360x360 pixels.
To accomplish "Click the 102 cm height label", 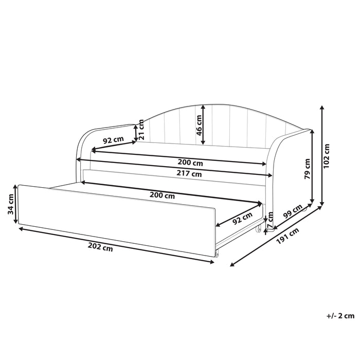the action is (x=327, y=156).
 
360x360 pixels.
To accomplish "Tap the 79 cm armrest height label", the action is (x=308, y=169).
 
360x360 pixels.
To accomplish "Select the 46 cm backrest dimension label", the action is (x=199, y=125).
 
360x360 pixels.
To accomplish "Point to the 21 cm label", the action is (x=141, y=130).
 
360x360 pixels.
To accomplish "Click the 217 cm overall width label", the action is (x=189, y=174).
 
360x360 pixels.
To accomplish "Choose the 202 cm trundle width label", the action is (x=100, y=247).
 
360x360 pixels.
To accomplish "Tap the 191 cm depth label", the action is (x=287, y=236).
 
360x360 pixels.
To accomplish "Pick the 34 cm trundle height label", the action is (x=11, y=204).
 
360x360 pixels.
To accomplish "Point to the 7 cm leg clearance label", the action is (x=271, y=219).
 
